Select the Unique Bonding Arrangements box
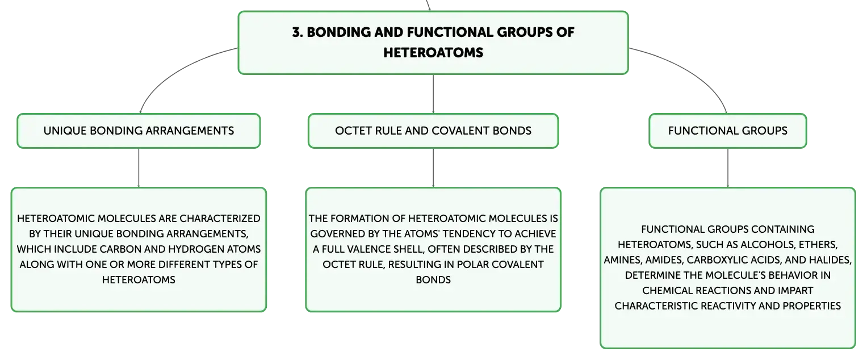point(139,131)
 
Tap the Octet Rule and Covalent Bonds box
point(433,131)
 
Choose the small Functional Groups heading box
point(728,131)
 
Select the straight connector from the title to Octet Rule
point(433,94)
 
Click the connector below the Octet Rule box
point(433,168)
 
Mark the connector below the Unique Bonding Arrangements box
point(139,168)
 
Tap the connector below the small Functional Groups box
point(728,168)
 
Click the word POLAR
point(470,265)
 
